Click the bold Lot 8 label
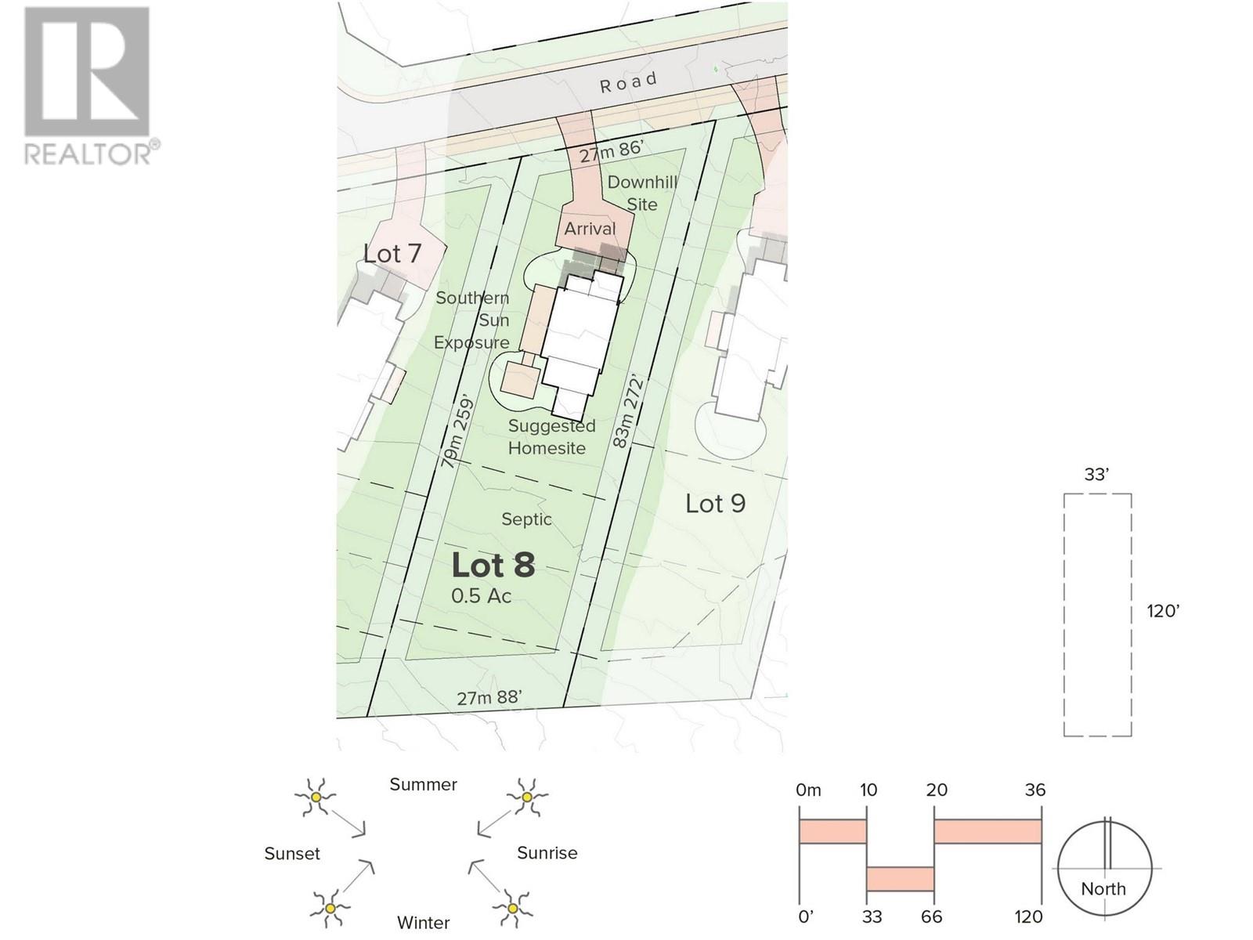pos(493,565)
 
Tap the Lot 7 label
pos(392,253)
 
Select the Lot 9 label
pos(715,504)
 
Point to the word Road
pos(628,82)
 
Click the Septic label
pos(526,519)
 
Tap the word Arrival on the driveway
pos(590,229)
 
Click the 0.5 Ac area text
pos(481,596)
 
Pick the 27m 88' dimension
pos(489,697)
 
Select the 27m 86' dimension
pos(612,152)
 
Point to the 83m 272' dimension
pos(628,411)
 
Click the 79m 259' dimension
pos(458,430)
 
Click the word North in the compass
pos(1103,888)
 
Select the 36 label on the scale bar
pos(1035,790)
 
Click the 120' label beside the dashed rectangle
pos(1164,611)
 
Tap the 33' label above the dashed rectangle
pos(1096,474)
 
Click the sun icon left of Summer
pos(315,797)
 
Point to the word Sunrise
pos(547,853)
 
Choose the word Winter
pos(423,923)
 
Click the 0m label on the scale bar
pos(808,790)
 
